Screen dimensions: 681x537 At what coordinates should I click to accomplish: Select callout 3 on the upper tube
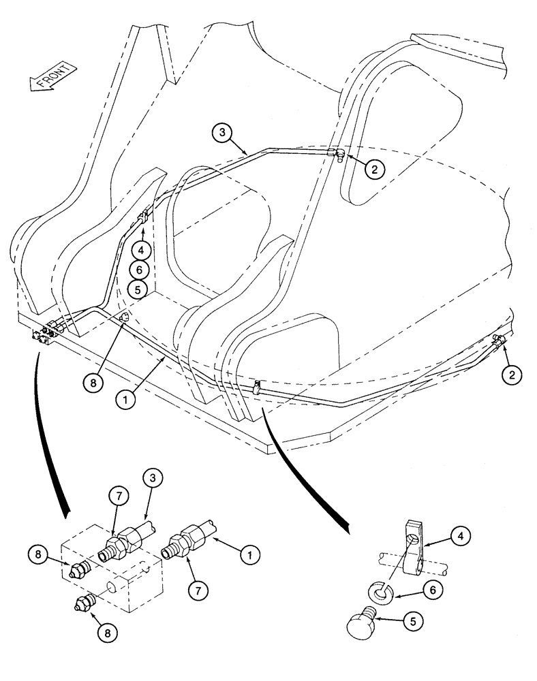[222, 133]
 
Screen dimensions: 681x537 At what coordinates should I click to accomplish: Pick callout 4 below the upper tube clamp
[140, 249]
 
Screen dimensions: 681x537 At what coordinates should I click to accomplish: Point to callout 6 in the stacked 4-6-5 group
[140, 269]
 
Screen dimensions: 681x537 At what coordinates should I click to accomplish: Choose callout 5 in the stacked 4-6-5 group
[140, 289]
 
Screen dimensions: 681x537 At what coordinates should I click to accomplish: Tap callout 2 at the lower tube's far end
[513, 373]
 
